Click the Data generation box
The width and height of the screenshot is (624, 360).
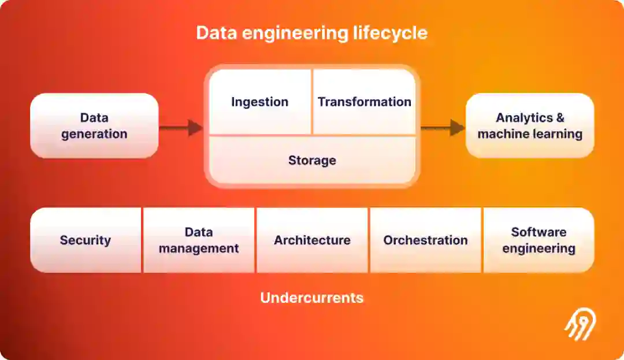pyautogui.click(x=94, y=126)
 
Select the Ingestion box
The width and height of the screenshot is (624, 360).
pyautogui.click(x=259, y=102)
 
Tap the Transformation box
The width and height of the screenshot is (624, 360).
pyautogui.click(x=364, y=102)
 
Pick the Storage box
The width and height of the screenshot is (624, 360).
pyautogui.click(x=312, y=160)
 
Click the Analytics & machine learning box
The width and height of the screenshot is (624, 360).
pyautogui.click(x=530, y=126)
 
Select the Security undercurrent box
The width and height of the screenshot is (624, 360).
pyautogui.click(x=86, y=240)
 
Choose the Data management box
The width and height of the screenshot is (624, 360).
pyautogui.click(x=199, y=240)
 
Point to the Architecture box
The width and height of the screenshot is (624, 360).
pyautogui.click(x=312, y=240)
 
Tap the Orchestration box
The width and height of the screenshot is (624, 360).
pyautogui.click(x=425, y=240)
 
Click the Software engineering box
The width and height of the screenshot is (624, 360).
pyautogui.click(x=538, y=240)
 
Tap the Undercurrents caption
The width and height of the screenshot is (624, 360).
pyautogui.click(x=312, y=298)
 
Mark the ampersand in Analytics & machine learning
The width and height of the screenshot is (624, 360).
pyautogui.click(x=559, y=118)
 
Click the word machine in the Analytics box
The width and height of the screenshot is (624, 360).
pyautogui.click(x=504, y=134)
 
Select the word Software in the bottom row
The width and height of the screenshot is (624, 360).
pyautogui.click(x=538, y=232)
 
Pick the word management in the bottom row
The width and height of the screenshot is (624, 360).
pyautogui.click(x=199, y=248)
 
